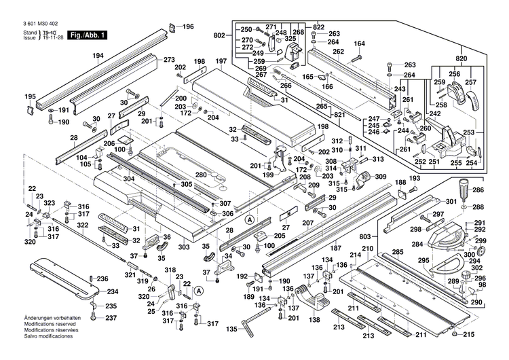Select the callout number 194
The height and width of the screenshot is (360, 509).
tap(98, 56)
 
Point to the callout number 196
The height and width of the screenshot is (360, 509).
tap(188, 26)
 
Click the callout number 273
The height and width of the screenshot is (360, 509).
tap(169, 59)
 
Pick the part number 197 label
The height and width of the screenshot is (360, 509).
tap(221, 62)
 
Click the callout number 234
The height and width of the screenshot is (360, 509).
tap(113, 291)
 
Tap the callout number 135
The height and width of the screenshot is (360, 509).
tap(232, 329)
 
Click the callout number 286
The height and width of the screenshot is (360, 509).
tap(478, 191)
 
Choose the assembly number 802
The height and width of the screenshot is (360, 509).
tap(219, 35)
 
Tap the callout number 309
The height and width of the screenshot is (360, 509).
tap(380, 177)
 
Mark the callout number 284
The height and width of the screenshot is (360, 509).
tap(417, 244)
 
